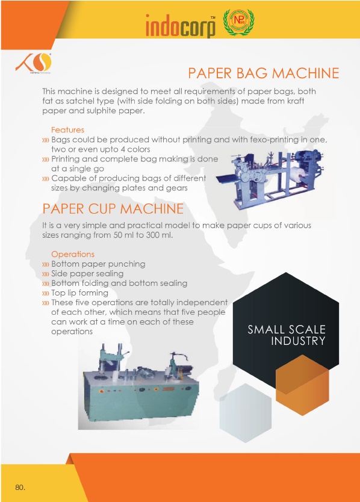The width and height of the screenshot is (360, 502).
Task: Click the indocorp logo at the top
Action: [181, 26]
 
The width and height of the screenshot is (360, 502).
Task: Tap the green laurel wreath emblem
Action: [238, 22]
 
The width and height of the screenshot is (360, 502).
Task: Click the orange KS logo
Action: [33, 63]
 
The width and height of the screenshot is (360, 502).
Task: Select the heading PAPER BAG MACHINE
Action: [263, 73]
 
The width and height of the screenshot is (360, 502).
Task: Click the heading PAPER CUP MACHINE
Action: [113, 209]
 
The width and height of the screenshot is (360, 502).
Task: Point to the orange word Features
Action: [67, 129]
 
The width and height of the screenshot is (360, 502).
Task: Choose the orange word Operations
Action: [73, 254]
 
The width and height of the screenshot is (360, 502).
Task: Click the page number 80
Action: [20, 488]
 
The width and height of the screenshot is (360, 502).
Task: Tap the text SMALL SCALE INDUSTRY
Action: [287, 335]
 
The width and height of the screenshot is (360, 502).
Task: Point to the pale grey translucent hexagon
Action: [246, 413]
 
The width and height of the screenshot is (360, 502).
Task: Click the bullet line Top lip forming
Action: [79, 293]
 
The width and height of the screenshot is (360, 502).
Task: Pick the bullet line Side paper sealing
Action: [87, 273]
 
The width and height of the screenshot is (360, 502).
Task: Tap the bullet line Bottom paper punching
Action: [98, 264]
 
